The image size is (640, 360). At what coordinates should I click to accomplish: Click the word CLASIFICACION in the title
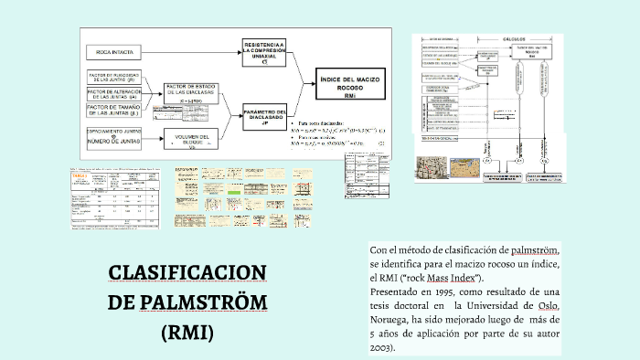[x=187, y=273]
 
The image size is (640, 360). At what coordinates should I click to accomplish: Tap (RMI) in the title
[x=187, y=332]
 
